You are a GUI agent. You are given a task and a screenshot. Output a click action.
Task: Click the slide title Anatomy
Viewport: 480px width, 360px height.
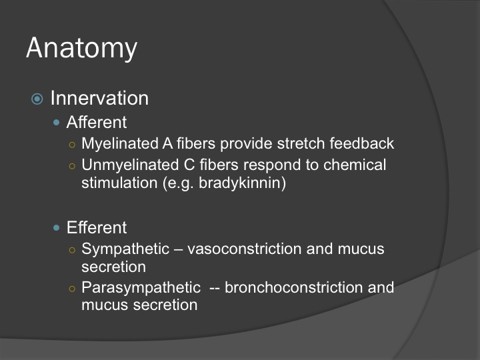click(x=82, y=48)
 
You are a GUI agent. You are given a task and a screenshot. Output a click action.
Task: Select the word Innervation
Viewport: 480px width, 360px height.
click(x=99, y=98)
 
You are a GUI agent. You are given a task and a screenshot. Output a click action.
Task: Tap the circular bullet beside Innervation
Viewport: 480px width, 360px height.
click(x=37, y=99)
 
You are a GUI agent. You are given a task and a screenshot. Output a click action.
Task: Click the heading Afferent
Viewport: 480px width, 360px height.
click(x=97, y=122)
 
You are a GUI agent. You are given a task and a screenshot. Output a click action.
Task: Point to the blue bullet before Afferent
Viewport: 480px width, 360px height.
click(x=56, y=123)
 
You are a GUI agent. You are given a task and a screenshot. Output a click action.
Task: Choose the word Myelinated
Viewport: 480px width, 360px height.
click(x=120, y=143)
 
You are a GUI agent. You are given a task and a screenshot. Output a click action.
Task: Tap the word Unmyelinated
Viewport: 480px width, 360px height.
click(x=130, y=165)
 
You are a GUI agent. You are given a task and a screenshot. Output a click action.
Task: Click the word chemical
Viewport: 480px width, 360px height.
click(x=355, y=165)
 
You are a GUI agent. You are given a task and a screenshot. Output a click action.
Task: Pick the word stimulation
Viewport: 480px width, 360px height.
click(x=119, y=183)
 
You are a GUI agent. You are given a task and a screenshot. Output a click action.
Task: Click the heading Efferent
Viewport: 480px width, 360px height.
click(x=97, y=227)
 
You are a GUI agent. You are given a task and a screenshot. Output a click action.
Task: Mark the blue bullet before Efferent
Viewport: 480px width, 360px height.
click(x=56, y=228)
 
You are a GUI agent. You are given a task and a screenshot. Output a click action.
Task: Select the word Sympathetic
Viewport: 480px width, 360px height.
click(x=125, y=249)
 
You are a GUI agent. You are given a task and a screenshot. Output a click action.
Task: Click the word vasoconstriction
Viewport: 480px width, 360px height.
click(x=244, y=249)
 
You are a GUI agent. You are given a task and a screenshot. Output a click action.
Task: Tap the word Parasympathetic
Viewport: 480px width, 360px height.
click(x=141, y=287)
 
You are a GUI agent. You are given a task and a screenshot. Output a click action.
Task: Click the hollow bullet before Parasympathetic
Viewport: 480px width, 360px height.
click(x=72, y=289)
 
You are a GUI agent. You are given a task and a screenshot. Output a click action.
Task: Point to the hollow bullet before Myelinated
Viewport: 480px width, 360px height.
click(x=72, y=145)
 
